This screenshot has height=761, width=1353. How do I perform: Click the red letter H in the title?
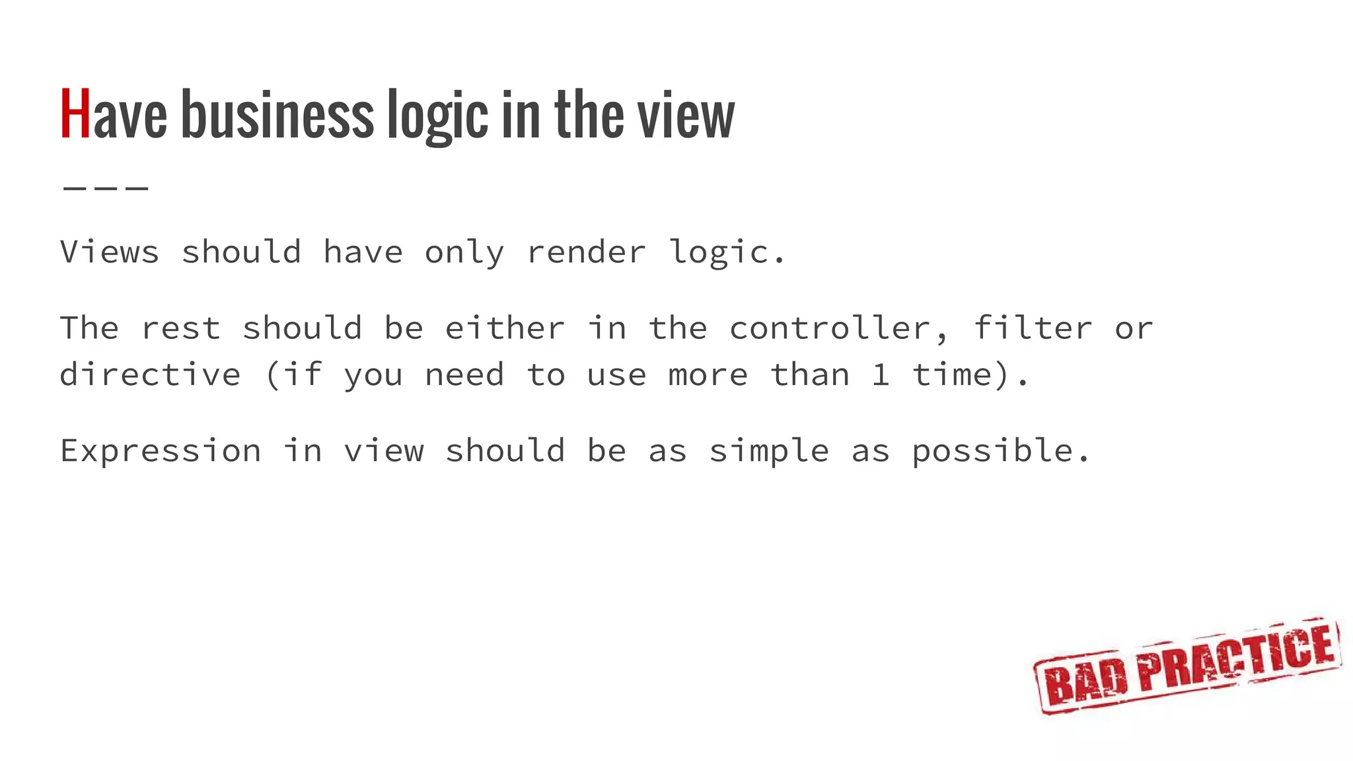coord(75,115)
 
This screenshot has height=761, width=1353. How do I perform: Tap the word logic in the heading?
coord(437,116)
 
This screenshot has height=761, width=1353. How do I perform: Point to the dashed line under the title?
coord(106,188)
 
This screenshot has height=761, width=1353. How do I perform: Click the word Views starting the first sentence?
coord(110,252)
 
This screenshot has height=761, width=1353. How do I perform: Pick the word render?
coord(586,252)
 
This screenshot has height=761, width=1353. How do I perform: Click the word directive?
coord(150,375)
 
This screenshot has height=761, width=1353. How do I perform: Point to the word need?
coord(464,375)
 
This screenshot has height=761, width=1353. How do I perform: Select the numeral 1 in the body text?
coord(880,375)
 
